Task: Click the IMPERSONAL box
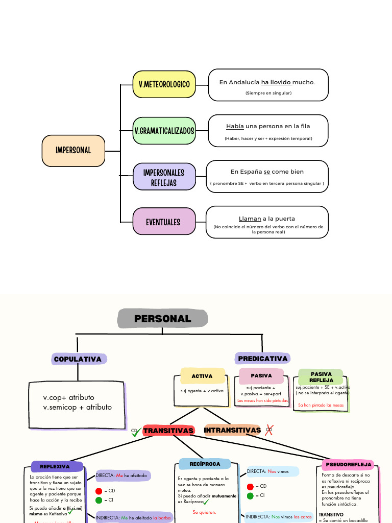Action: tap(73, 150)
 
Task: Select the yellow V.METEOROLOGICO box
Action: tap(164, 84)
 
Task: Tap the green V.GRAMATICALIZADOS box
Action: tap(164, 131)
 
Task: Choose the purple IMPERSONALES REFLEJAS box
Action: tap(164, 177)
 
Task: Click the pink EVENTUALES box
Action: tap(163, 222)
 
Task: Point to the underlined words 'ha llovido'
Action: tap(276, 82)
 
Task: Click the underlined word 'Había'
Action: tap(235, 126)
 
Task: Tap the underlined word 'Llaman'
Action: tap(250, 219)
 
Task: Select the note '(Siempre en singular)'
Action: tap(268, 93)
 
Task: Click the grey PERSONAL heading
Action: tap(163, 319)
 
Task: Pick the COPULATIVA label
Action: tap(78, 359)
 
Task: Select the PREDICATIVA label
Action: tap(263, 359)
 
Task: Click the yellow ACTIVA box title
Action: tap(202, 376)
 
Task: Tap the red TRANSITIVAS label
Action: tap(168, 431)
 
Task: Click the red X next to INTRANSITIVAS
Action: tap(269, 430)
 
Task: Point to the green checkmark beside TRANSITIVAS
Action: tap(136, 432)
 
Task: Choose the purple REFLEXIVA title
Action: tap(55, 466)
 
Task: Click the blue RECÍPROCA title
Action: tap(205, 464)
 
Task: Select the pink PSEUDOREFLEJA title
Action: tap(348, 465)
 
